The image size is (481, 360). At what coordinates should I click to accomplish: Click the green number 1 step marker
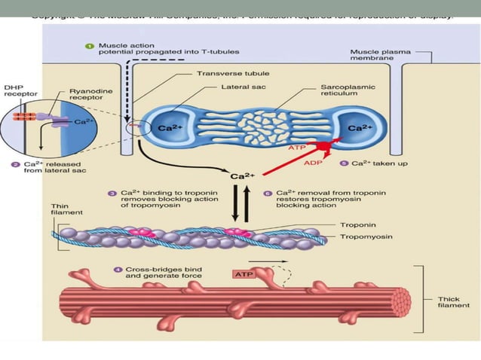90,46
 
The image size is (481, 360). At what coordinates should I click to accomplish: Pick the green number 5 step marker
344,163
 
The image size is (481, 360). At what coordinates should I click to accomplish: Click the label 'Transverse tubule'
226,75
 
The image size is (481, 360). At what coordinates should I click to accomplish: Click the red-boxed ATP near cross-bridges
244,274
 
